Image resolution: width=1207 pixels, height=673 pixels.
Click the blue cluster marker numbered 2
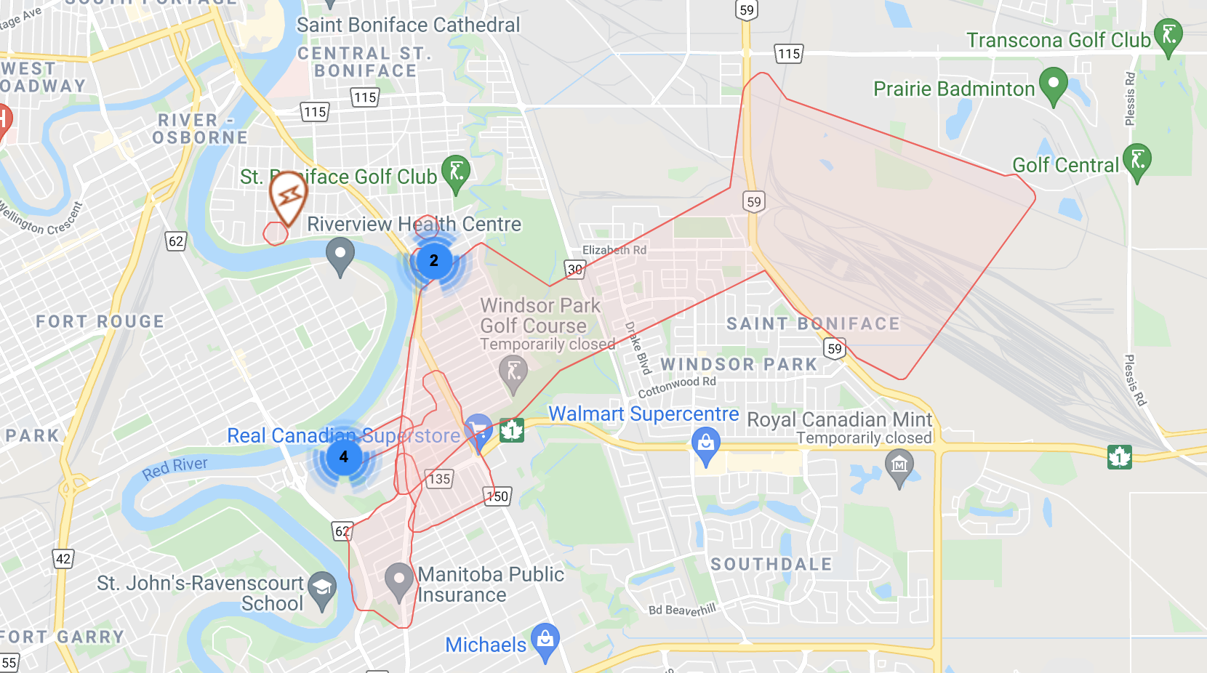(x=434, y=261)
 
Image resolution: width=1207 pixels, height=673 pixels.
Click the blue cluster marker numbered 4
(x=343, y=457)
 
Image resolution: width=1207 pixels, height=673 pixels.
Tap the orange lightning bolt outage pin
(x=288, y=194)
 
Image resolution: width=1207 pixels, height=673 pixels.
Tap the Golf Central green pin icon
(x=1137, y=160)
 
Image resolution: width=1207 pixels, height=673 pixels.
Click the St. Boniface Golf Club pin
(x=456, y=172)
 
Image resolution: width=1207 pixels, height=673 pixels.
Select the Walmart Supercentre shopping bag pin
(x=705, y=443)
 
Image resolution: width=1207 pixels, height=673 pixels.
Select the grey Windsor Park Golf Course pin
(x=513, y=371)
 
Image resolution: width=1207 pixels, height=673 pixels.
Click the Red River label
(x=175, y=468)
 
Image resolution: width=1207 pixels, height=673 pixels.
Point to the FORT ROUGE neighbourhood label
(x=100, y=321)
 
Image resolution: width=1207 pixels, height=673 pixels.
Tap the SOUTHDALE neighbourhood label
(x=771, y=564)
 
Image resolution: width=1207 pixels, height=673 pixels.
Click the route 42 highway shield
(x=63, y=558)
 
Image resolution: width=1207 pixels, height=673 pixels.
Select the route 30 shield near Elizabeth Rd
(x=574, y=269)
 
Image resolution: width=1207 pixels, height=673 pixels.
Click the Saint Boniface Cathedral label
(x=408, y=25)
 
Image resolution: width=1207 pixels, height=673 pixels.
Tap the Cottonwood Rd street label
(x=677, y=387)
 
